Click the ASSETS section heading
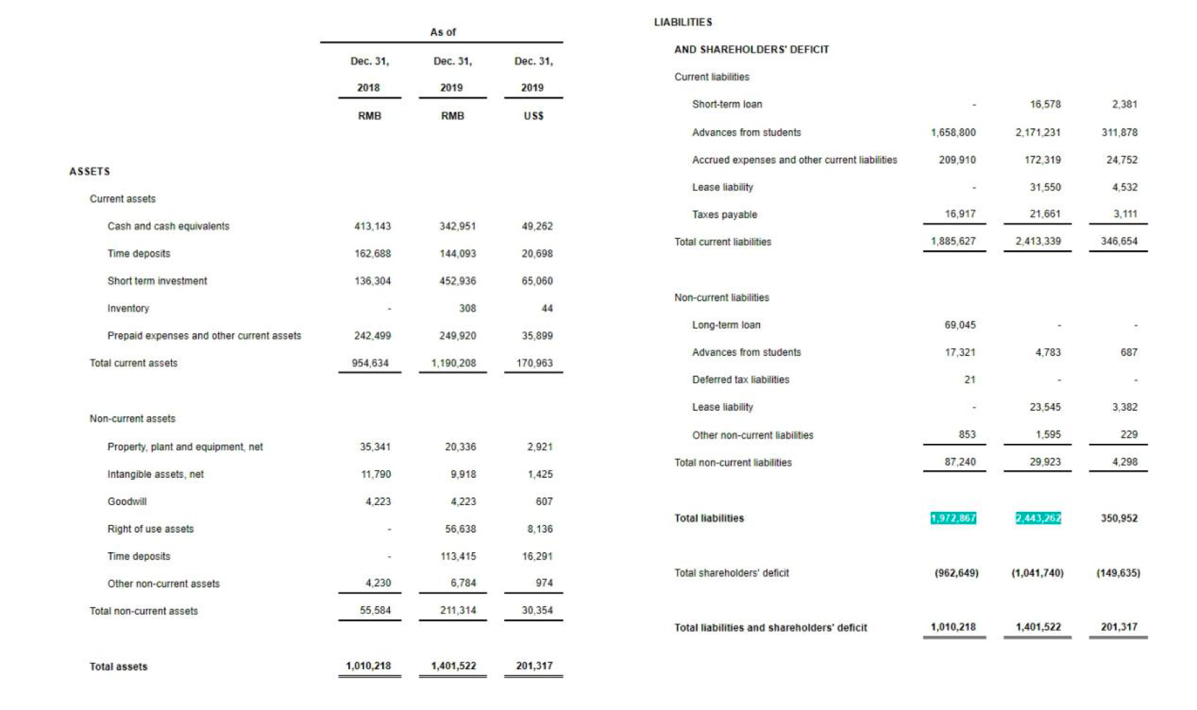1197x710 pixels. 89,171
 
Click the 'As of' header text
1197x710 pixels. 442,32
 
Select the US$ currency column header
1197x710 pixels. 533,116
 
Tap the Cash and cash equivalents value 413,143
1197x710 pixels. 372,226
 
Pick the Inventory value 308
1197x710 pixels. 467,308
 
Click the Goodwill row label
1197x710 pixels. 127,502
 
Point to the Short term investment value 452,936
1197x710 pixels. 458,281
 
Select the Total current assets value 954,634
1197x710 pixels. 370,363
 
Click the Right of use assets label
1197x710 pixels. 150,529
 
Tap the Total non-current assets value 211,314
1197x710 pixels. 458,610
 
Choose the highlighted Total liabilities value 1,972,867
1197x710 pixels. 953,518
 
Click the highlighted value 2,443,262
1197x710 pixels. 1038,518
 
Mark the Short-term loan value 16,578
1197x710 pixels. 1045,104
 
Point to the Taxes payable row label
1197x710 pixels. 724,215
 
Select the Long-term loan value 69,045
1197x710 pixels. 960,325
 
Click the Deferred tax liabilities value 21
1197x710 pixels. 969,380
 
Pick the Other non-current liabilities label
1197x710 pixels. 753,435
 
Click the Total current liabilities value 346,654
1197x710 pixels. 1119,241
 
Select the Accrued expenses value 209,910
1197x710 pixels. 957,159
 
